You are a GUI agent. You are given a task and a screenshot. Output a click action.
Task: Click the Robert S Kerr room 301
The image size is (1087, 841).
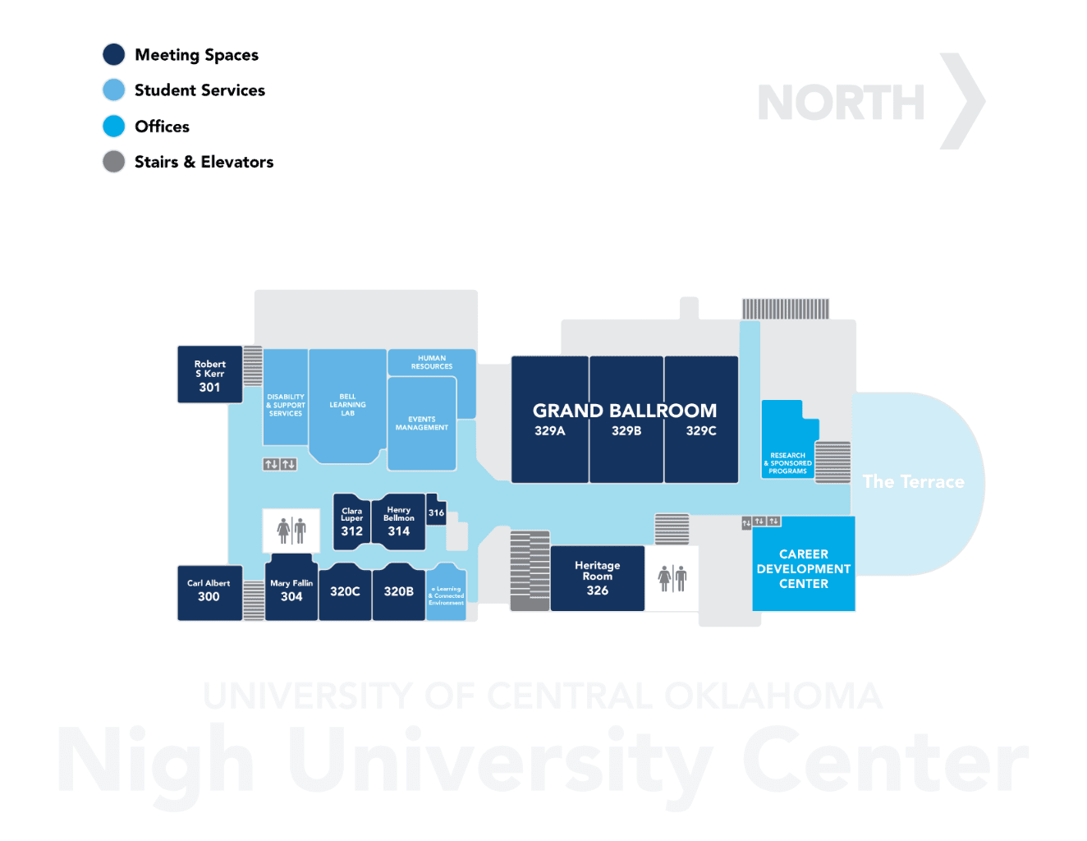pyautogui.click(x=209, y=375)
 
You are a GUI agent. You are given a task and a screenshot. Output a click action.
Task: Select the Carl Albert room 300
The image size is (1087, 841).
pyautogui.click(x=209, y=591)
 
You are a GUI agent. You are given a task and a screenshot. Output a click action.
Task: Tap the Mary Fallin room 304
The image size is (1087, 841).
pyautogui.click(x=291, y=591)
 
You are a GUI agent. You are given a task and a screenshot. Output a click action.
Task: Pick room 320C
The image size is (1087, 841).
pyautogui.click(x=345, y=591)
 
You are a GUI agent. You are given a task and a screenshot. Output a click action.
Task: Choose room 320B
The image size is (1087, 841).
pyautogui.click(x=399, y=591)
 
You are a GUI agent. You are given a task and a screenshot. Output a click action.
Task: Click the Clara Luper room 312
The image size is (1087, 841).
pyautogui.click(x=351, y=522)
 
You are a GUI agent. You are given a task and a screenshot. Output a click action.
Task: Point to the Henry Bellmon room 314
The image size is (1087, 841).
pyautogui.click(x=399, y=522)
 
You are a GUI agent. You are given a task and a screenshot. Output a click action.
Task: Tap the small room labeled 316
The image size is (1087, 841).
pyautogui.click(x=436, y=512)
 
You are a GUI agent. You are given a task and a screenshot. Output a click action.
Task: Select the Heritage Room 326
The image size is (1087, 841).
pyautogui.click(x=597, y=578)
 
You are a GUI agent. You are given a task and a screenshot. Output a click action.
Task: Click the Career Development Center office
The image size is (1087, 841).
pyautogui.click(x=803, y=568)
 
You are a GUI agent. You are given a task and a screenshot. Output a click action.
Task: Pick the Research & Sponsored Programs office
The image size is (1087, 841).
pyautogui.click(x=787, y=463)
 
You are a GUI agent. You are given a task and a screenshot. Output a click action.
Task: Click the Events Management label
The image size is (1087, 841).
pyautogui.click(x=422, y=424)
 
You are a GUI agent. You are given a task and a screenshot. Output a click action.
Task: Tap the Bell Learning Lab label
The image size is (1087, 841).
pyautogui.click(x=347, y=405)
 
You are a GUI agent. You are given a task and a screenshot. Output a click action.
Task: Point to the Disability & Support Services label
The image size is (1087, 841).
pyautogui.click(x=285, y=405)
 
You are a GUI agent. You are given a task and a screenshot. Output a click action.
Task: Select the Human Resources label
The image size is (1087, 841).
pyautogui.click(x=432, y=362)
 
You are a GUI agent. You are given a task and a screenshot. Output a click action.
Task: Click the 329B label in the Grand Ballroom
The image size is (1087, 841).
pyautogui.click(x=626, y=431)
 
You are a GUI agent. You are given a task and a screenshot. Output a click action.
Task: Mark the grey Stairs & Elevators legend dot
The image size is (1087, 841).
pyautogui.click(x=114, y=162)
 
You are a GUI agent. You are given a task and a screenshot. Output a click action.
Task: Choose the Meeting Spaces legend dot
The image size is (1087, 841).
pyautogui.click(x=114, y=55)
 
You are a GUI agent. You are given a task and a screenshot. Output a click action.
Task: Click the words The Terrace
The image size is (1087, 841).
pyautogui.click(x=913, y=482)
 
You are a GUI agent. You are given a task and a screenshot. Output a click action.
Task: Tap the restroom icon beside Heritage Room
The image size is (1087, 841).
pyautogui.click(x=672, y=578)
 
